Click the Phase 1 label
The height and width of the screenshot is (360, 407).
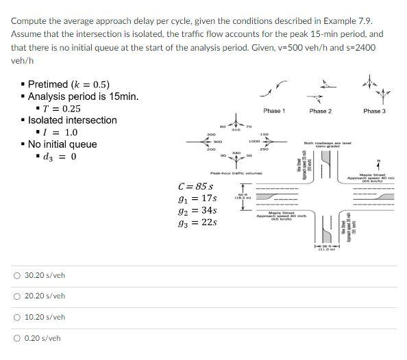click(x=273, y=111)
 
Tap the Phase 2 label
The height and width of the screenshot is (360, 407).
click(x=320, y=111)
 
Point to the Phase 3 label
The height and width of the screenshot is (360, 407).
click(x=374, y=111)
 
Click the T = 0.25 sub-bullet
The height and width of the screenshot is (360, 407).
click(x=62, y=108)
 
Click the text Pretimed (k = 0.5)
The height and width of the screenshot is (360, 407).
click(x=69, y=85)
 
